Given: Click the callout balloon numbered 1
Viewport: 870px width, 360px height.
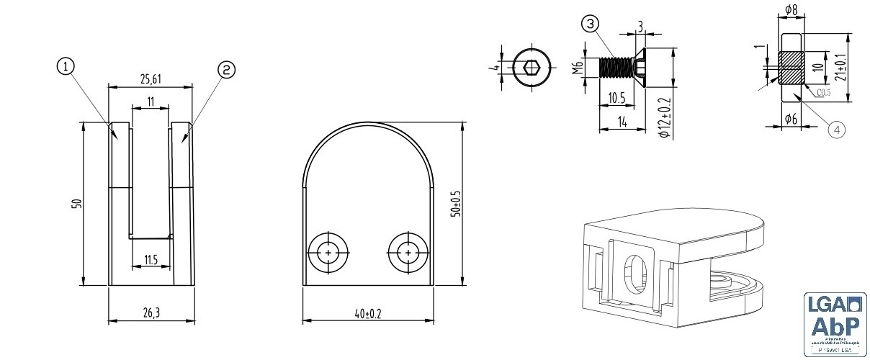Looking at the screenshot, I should pyautogui.click(x=65, y=67).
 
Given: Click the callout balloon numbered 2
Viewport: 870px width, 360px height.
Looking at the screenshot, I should pyautogui.click(x=225, y=69).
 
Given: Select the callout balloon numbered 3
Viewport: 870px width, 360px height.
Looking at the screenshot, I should pyautogui.click(x=590, y=24).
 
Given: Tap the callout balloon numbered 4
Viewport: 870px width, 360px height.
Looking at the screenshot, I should pyautogui.click(x=835, y=129).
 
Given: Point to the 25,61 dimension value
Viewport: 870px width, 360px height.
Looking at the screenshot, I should pyautogui.click(x=150, y=77).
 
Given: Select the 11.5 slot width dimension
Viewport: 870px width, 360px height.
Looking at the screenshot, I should pyautogui.click(x=150, y=259).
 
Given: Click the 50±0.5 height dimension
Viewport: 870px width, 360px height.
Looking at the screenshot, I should pyautogui.click(x=454, y=203).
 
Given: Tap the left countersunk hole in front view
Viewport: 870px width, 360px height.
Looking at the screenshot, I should pyautogui.click(x=328, y=254).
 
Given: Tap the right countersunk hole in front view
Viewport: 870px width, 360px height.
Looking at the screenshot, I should pyautogui.click(x=408, y=254).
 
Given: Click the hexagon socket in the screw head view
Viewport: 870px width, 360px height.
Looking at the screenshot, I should pyautogui.click(x=532, y=68).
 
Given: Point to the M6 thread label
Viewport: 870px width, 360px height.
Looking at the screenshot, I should pyautogui.click(x=576, y=70).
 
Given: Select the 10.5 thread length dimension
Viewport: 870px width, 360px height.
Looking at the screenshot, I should pyautogui.click(x=616, y=97).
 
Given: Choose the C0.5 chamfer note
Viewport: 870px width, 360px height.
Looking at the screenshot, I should pyautogui.click(x=824, y=92).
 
